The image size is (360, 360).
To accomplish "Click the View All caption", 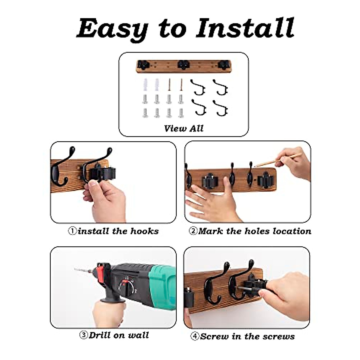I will point(184,128).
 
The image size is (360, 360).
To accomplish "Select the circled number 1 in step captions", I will point(72,231).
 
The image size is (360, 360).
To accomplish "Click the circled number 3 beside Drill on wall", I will point(83,335).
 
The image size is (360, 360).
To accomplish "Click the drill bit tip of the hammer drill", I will point(76,269).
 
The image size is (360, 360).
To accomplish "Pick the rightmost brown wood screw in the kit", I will point(181,86).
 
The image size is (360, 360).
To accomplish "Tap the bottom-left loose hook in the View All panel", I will point(199,108).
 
